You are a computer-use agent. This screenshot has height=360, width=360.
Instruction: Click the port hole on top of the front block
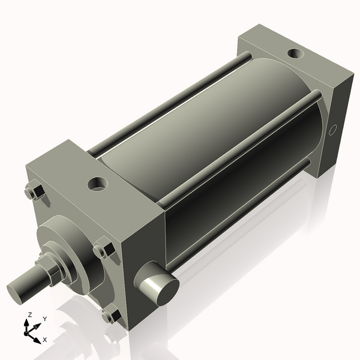[97, 182]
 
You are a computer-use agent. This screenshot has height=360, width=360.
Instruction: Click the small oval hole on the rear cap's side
[334, 130]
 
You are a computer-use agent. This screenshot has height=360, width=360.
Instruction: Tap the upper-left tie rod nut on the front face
[34, 193]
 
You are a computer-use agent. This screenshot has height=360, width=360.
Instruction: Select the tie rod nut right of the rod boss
[104, 250]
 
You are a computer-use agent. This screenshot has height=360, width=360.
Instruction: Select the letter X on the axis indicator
[45, 340]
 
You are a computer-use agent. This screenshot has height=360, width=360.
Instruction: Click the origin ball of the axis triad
[28, 331]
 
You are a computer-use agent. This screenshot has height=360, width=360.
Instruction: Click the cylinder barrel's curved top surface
[198, 114]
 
